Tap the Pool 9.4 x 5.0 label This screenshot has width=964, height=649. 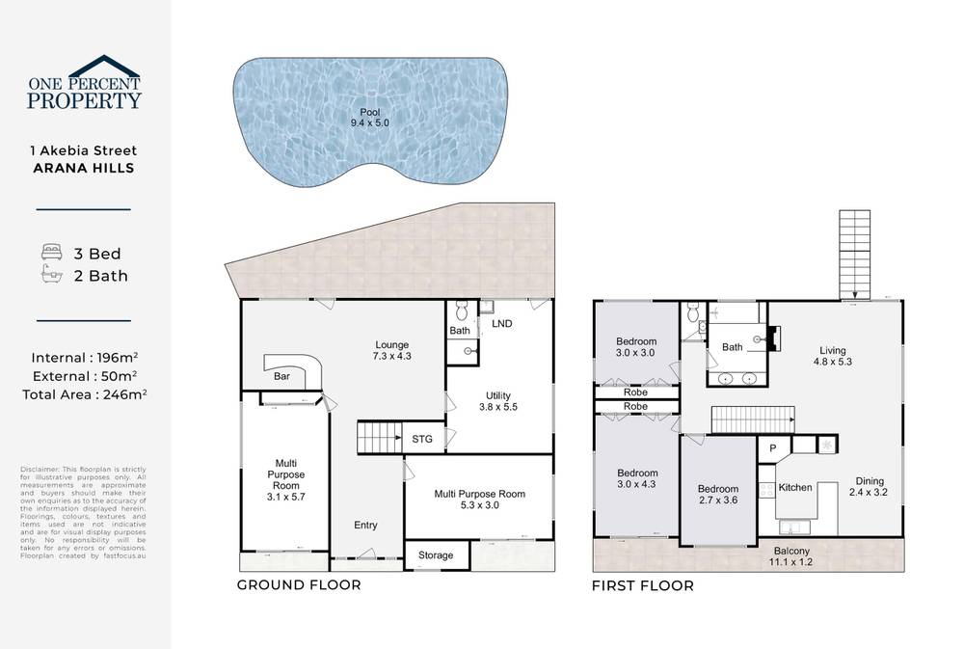pyautogui.click(x=369, y=118)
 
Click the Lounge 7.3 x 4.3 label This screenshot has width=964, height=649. pyautogui.click(x=392, y=350)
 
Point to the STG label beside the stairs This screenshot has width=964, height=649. pyautogui.click(x=422, y=439)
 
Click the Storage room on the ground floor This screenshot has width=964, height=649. pyautogui.click(x=436, y=555)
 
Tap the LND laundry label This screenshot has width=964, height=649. pyautogui.click(x=501, y=324)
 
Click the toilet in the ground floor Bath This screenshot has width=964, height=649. pyautogui.click(x=460, y=311)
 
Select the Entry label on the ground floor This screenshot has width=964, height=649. pyautogui.click(x=365, y=526)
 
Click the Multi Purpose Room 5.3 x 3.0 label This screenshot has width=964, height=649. pyautogui.click(x=479, y=500)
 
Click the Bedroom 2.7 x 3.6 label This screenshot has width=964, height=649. pyautogui.click(x=717, y=495)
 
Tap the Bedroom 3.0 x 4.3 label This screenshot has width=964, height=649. pyautogui.click(x=637, y=478)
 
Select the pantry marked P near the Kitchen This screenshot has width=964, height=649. pyautogui.click(x=772, y=448)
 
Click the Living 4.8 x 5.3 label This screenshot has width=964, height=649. pyautogui.click(x=836, y=356)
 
